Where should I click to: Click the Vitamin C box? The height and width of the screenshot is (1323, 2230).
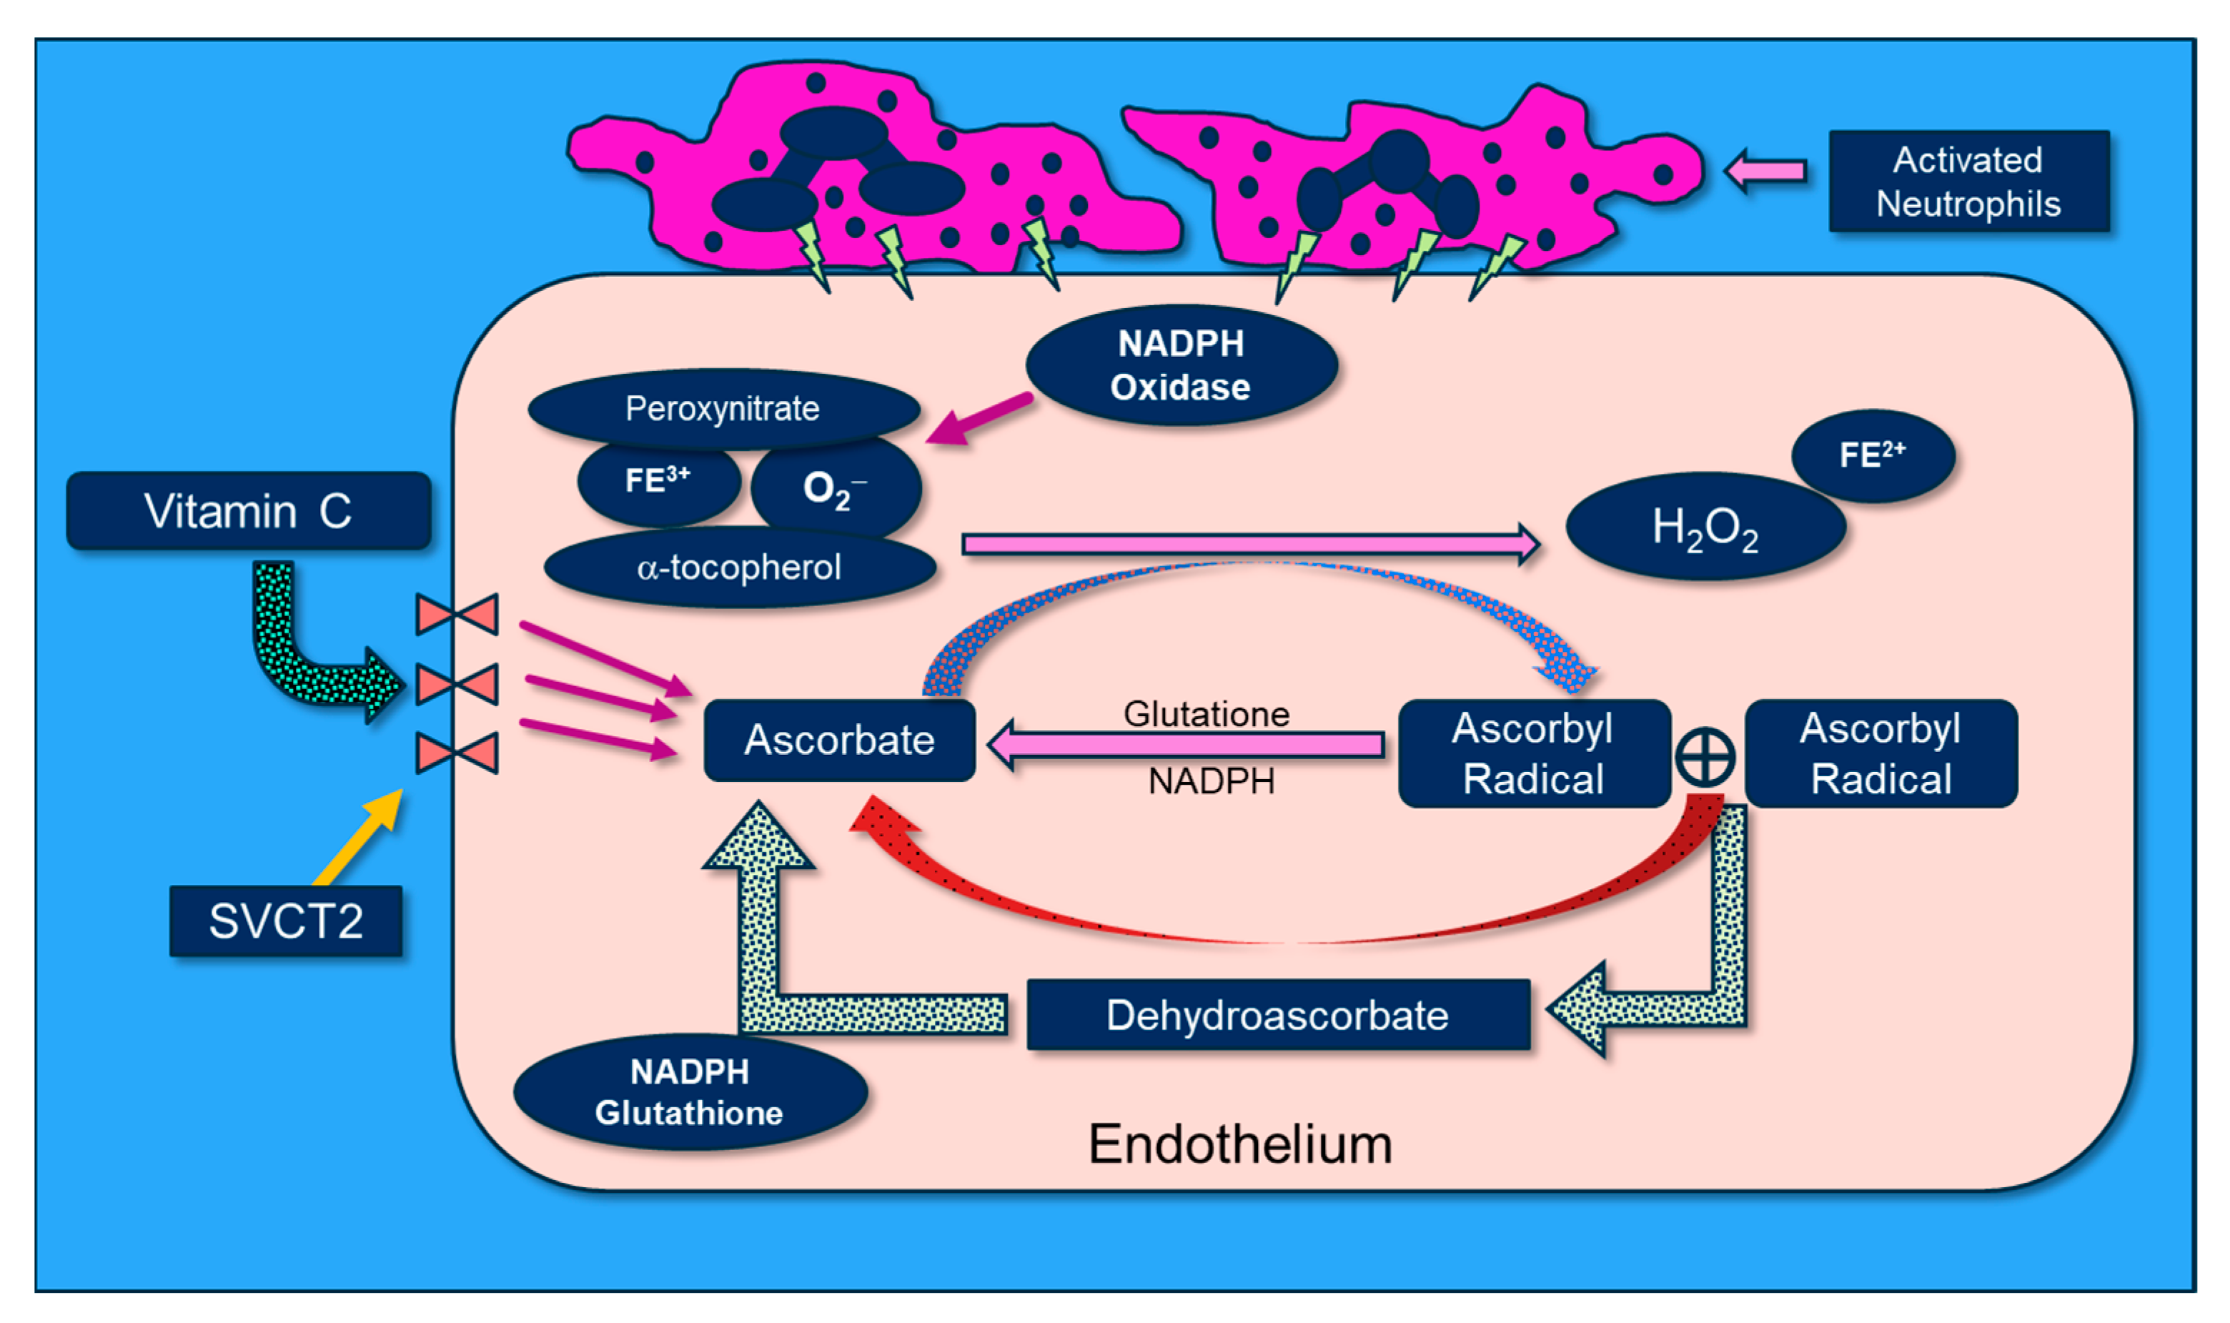coord(249,511)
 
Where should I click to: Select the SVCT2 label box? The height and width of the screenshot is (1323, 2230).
coord(285,921)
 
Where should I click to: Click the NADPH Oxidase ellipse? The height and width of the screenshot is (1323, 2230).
coord(1180,365)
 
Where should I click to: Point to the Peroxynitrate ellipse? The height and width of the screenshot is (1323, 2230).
coord(722,407)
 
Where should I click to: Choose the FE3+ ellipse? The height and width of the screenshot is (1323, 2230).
coord(658,482)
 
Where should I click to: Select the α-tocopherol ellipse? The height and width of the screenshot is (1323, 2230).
coord(739,567)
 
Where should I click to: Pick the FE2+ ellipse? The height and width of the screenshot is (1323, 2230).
coord(1873,455)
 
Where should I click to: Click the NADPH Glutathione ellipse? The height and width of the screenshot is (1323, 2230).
coord(689,1092)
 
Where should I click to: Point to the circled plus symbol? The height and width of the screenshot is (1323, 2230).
coord(1704,757)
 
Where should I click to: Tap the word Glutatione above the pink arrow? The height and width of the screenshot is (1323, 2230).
coord(1206,713)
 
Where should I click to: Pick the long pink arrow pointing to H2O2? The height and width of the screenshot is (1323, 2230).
coord(1248,544)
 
